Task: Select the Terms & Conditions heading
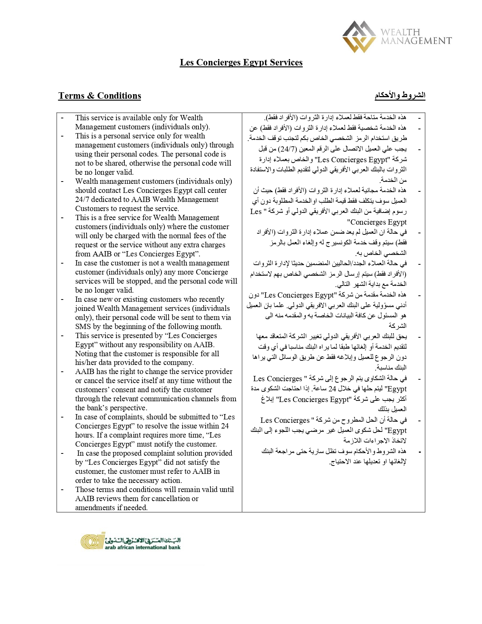pyautogui.click(x=99, y=96)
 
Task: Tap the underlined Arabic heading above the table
pyautogui.click(x=400, y=95)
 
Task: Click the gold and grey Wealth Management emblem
pyautogui.click(x=359, y=36)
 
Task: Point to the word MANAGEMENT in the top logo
pyautogui.click(x=416, y=41)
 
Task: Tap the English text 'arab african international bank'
pyautogui.click(x=143, y=547)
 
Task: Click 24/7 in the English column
pyautogui.click(x=82, y=199)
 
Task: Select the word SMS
pyautogui.click(x=83, y=326)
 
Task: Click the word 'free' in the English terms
pyautogui.click(x=108, y=217)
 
